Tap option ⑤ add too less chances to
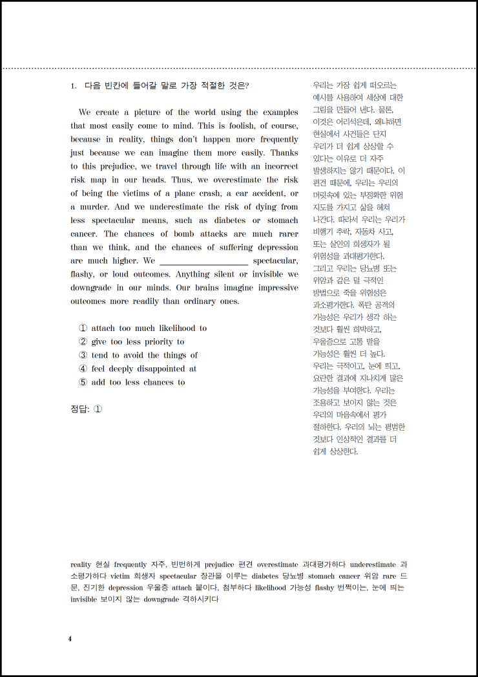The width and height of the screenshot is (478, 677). [x=132, y=382]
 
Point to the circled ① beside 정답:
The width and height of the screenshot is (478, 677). [x=98, y=409]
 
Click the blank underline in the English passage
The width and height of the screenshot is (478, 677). [x=203, y=262]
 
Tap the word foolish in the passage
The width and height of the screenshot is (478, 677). [x=237, y=125]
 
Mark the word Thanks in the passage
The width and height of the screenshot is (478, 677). [x=284, y=153]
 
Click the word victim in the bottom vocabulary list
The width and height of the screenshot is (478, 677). [x=121, y=575]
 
